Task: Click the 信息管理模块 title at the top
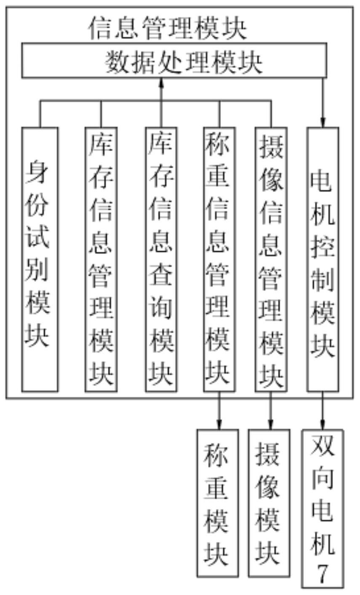(167, 28)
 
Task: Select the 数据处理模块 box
(174, 60)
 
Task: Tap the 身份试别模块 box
(40, 259)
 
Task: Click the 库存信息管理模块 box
(101, 259)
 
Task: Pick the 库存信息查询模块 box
(161, 259)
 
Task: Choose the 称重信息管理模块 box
(219, 259)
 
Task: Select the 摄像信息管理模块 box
(271, 259)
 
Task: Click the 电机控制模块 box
(323, 259)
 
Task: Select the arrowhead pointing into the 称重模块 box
(219, 425)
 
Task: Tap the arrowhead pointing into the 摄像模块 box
(271, 425)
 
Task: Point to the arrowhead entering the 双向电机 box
(323, 425)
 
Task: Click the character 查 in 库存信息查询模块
(161, 275)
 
